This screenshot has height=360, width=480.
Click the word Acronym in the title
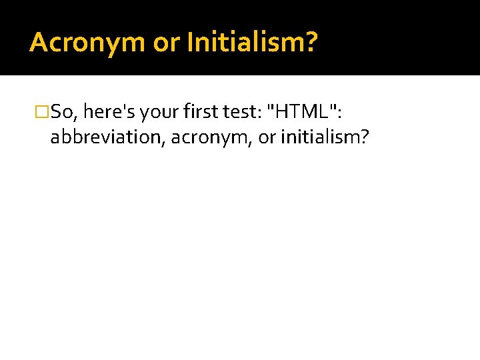pos(87,43)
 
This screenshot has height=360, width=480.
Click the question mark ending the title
pos(312,43)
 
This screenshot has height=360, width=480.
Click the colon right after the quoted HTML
pos(340,112)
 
